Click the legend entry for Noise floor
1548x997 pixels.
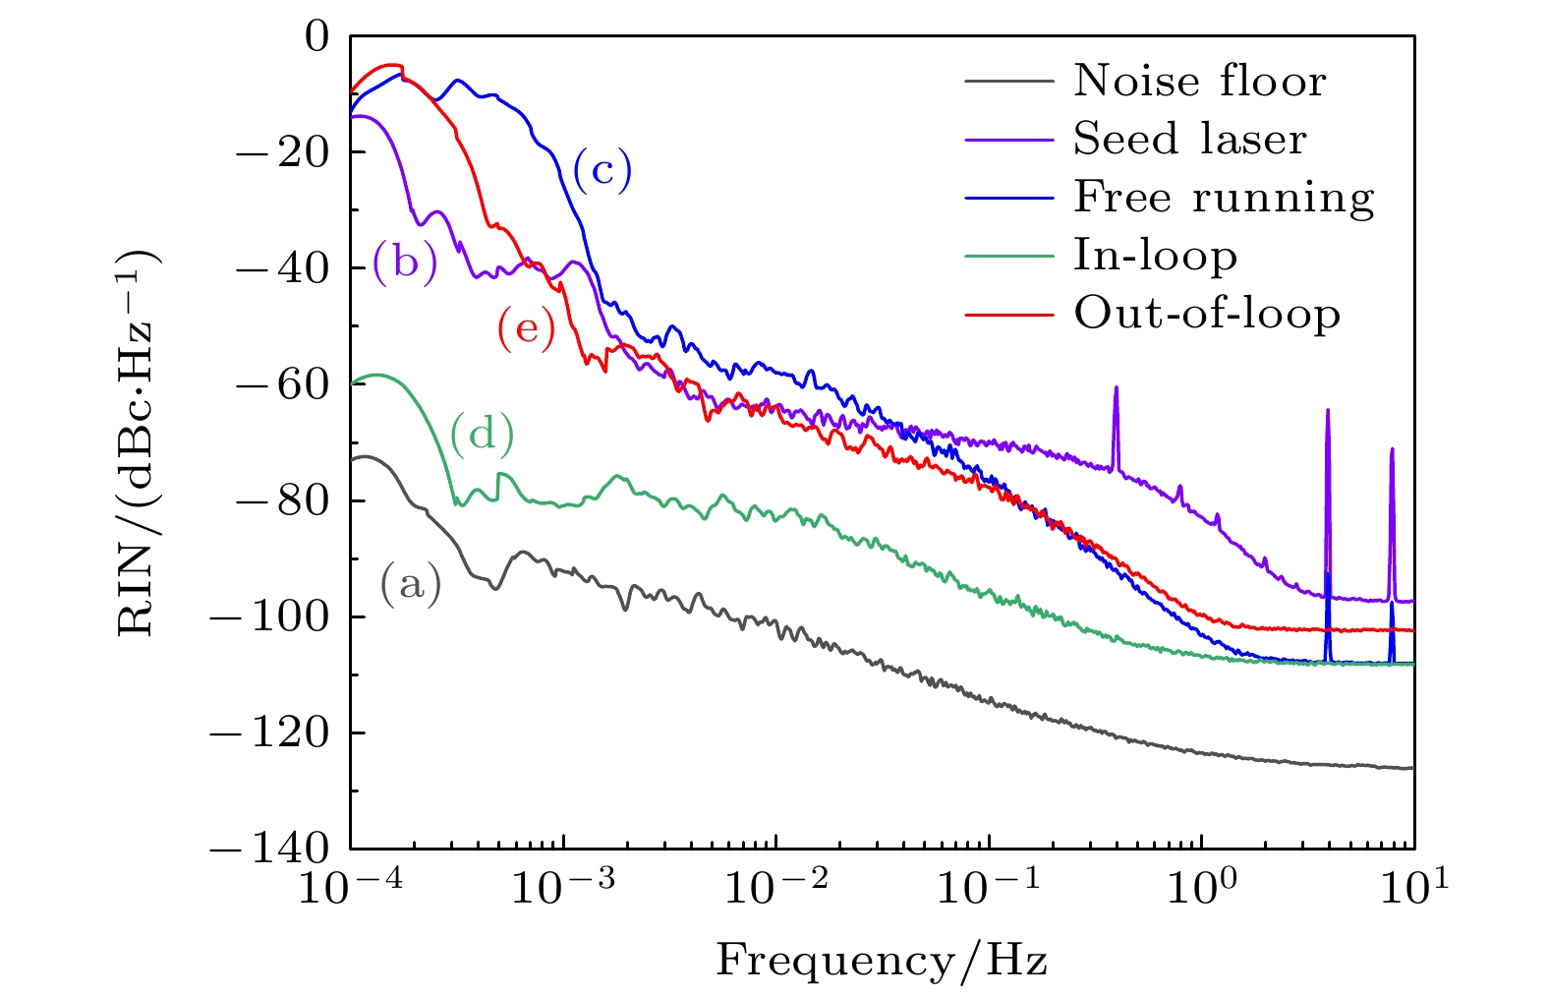1199,81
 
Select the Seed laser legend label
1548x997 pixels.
1189,139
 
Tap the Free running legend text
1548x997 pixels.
1224,198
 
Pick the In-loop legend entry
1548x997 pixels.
1155,256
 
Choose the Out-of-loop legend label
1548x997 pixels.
1207,314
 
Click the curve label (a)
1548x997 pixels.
411,585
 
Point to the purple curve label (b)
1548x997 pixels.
405,263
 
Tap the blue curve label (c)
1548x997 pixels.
602,170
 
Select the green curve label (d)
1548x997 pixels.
482,433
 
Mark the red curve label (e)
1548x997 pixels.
526,328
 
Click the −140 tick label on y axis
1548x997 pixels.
268,849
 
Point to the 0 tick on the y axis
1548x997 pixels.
317,37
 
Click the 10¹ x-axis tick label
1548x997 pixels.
1412,887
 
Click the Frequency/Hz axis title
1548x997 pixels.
882,960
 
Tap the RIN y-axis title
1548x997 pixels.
138,442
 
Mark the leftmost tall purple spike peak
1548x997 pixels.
1117,388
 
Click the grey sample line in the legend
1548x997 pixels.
1008,81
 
